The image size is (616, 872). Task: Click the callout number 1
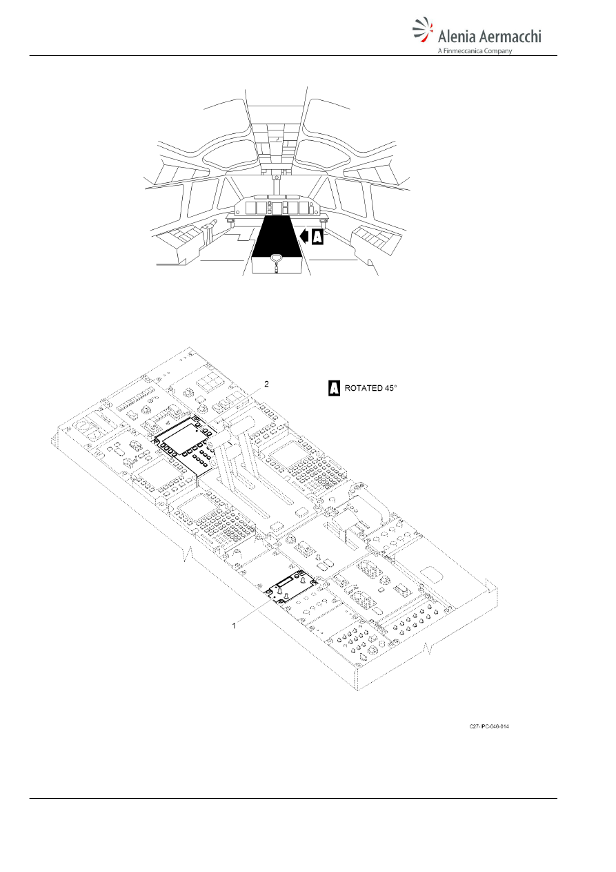click(x=234, y=626)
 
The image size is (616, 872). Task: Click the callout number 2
click(x=266, y=384)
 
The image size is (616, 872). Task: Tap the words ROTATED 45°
click(x=371, y=388)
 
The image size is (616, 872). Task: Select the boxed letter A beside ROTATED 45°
click(x=334, y=388)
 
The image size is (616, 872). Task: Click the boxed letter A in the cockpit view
click(x=318, y=237)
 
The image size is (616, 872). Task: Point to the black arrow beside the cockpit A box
click(x=306, y=237)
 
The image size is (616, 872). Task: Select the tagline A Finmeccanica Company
click(x=475, y=51)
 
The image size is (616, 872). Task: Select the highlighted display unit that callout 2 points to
click(x=186, y=437)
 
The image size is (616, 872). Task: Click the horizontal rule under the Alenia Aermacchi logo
click(x=293, y=56)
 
